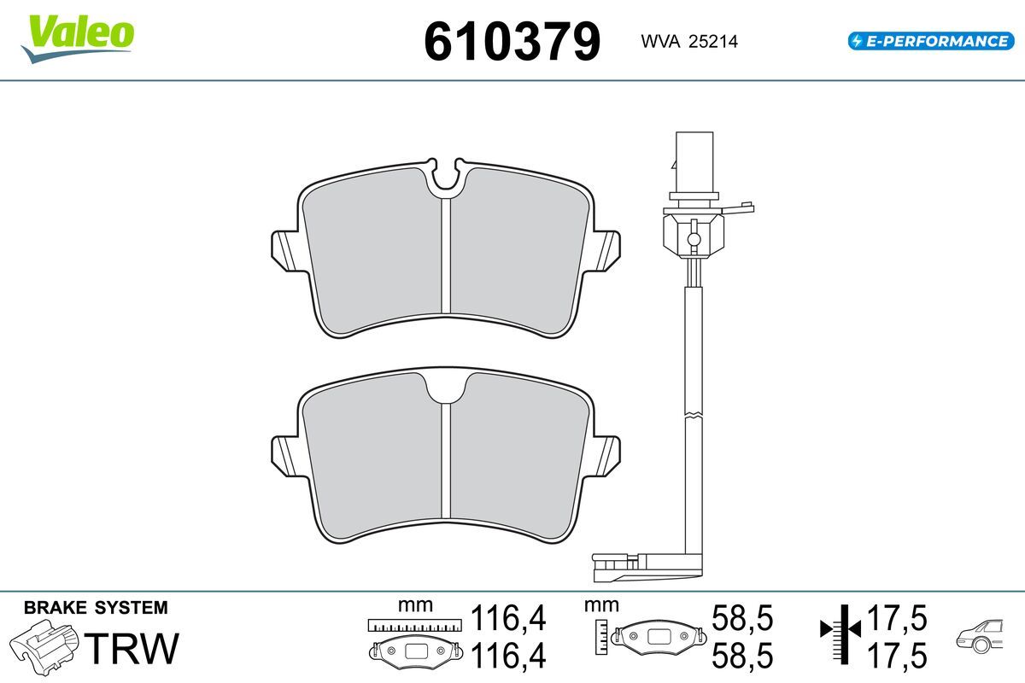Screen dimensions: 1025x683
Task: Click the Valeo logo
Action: coord(78,38)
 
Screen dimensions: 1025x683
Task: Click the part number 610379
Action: coord(512,42)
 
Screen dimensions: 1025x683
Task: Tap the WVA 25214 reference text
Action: coord(689,42)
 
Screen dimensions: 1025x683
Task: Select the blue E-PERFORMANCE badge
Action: coord(931,41)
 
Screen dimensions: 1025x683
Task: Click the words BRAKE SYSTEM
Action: coord(96,608)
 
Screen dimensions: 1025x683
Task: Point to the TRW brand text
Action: coord(132,648)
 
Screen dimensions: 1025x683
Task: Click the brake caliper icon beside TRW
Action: coord(44,647)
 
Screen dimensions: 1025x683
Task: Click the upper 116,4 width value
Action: coord(508,618)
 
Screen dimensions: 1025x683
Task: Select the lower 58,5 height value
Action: coord(741,656)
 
